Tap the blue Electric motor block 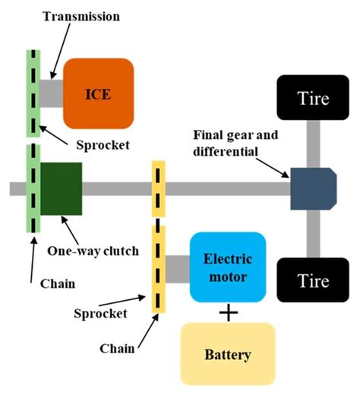tap(228, 266)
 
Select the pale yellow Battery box tap(228, 354)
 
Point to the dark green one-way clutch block tap(61, 188)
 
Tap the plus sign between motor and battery tap(228, 312)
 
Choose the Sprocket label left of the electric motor tap(99, 312)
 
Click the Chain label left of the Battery tap(118, 347)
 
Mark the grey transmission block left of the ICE tap(52, 92)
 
